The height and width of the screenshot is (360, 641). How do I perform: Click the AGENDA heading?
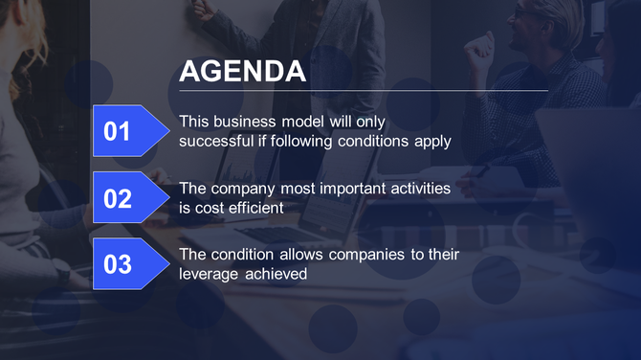click(242, 71)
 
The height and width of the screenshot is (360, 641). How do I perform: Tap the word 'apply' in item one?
click(432, 142)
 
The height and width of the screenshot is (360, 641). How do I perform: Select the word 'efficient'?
click(254, 208)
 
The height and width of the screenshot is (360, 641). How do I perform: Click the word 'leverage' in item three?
click(210, 275)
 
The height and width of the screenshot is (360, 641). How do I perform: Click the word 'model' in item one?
click(306, 122)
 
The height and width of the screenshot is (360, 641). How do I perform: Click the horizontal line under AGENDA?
click(364, 91)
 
